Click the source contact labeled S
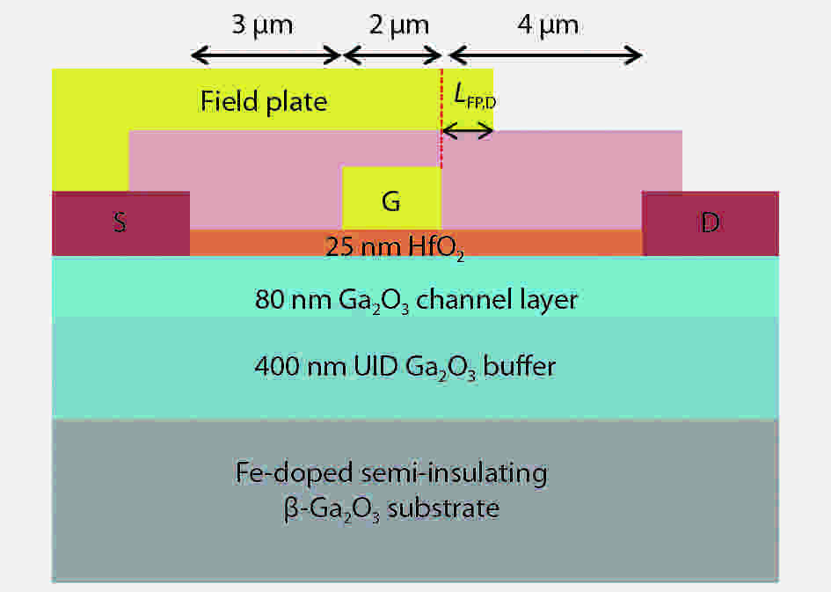pyautogui.click(x=120, y=223)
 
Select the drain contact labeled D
pyautogui.click(x=711, y=223)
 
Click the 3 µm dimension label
pyautogui.click(x=262, y=26)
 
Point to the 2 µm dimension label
pyautogui.click(x=399, y=26)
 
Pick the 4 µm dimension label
pyautogui.click(x=548, y=26)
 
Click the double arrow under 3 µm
pyautogui.click(x=266, y=55)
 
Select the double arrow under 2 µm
pyautogui.click(x=393, y=55)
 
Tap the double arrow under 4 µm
pyautogui.click(x=546, y=55)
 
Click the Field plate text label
pyautogui.click(x=264, y=100)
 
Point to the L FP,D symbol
pyautogui.click(x=475, y=97)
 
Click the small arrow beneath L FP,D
pyautogui.click(x=468, y=130)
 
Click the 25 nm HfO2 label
pyautogui.click(x=395, y=247)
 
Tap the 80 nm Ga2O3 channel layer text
pyautogui.click(x=416, y=301)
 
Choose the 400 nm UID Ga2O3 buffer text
pyautogui.click(x=405, y=367)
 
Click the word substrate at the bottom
pyautogui.click(x=443, y=508)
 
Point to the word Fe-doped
pyautogui.click(x=294, y=473)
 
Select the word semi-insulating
pyautogui.click(x=454, y=473)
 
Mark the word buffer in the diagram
pyautogui.click(x=520, y=366)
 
